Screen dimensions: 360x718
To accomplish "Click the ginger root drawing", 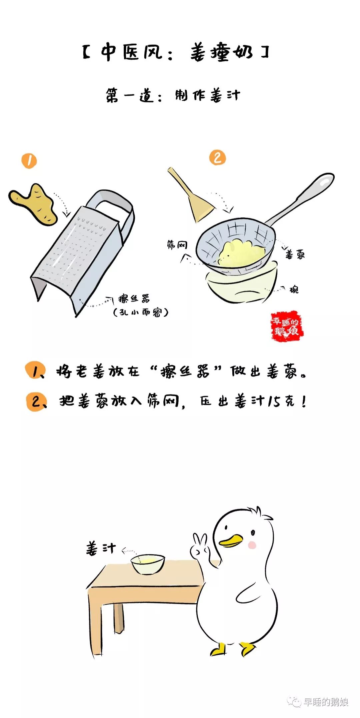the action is click(33, 204).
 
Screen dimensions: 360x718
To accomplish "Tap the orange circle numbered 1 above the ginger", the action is click(29, 161).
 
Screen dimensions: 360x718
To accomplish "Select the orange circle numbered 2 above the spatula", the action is click(217, 157).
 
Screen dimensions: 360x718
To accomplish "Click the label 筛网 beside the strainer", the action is click(177, 245).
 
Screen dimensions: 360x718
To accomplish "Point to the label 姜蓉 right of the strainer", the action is click(295, 255).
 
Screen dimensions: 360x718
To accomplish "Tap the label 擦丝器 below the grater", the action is click(134, 298).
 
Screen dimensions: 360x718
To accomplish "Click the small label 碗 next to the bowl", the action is click(294, 289).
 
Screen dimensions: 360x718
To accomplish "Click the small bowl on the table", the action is click(148, 564).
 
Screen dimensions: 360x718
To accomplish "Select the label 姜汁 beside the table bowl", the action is click(101, 548).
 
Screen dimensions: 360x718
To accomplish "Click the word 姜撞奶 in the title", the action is click(222, 53).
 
